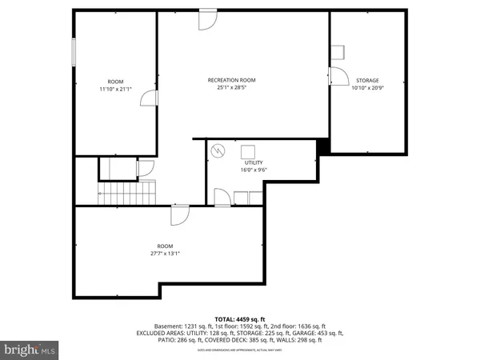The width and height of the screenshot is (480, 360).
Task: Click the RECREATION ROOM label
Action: [231, 79]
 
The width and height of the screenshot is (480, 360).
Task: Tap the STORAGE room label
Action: [367, 80]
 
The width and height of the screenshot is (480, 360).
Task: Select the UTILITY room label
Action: [253, 162]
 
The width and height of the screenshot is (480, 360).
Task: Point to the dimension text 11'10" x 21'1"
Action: [116, 89]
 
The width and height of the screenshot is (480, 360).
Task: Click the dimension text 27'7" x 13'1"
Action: [164, 254]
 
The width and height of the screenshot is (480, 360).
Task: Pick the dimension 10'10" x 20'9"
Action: [367, 88]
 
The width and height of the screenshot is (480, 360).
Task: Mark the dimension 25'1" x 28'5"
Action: [231, 87]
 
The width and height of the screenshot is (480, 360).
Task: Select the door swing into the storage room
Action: [338, 76]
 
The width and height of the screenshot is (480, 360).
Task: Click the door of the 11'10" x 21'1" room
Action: [148, 98]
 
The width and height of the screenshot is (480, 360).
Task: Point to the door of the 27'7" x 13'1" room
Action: [179, 214]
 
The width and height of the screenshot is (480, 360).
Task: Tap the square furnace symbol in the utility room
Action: [249, 150]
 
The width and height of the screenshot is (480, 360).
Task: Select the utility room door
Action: [222, 197]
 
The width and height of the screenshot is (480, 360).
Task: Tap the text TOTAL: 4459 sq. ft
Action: [239, 318]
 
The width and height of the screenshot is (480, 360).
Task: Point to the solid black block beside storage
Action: [322, 147]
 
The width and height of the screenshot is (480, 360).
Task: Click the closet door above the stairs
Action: [145, 168]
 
